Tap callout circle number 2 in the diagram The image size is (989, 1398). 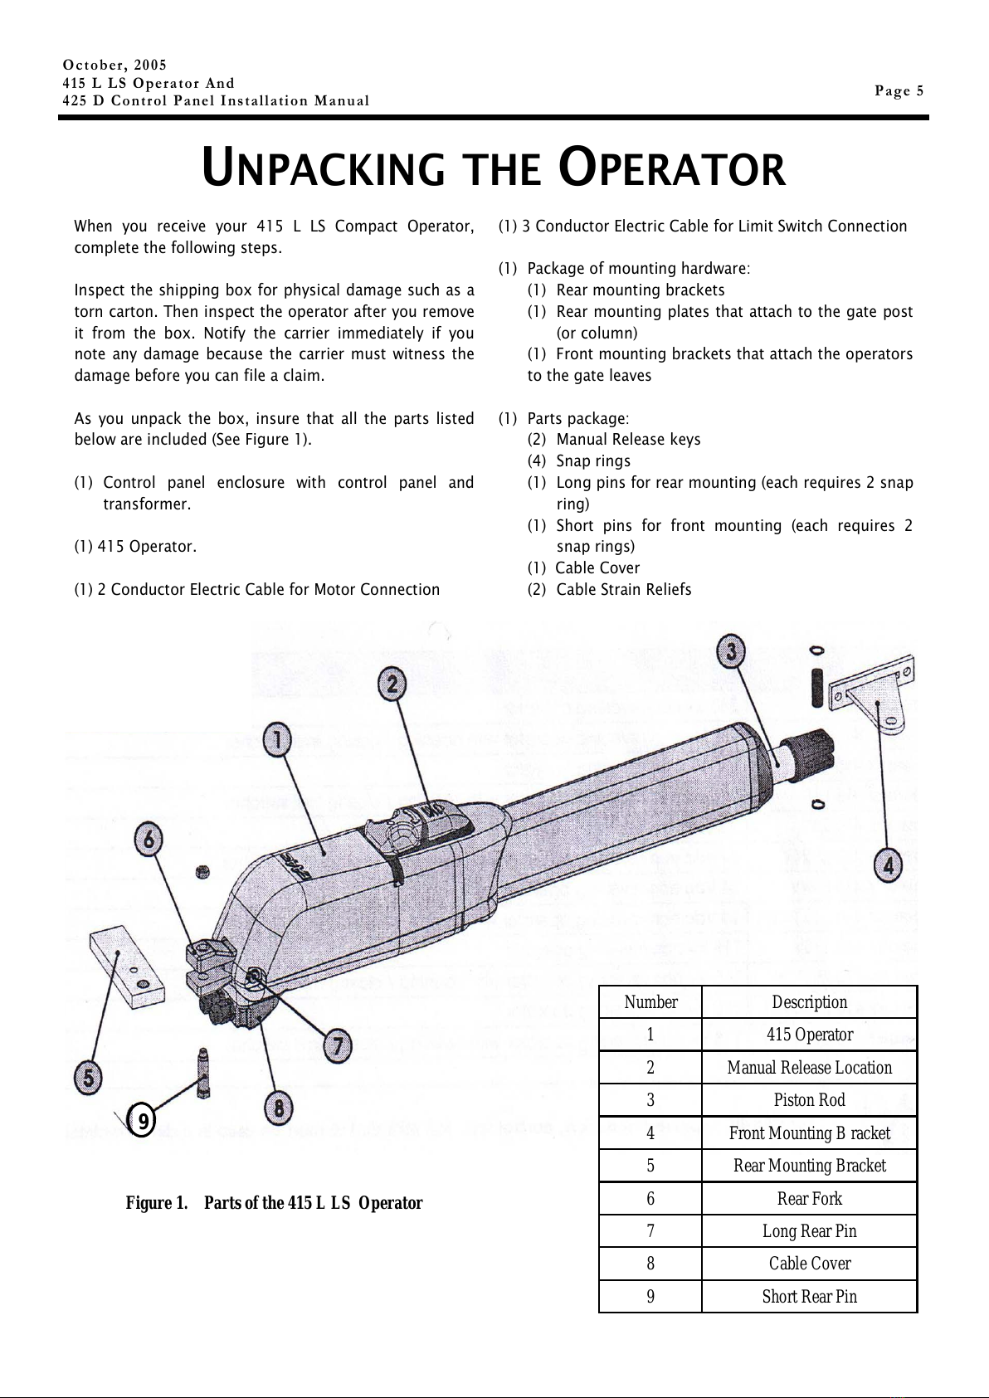pos(392,684)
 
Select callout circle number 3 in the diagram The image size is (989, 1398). pos(731,651)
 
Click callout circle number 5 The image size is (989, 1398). pos(90,1079)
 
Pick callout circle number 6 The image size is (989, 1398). pos(149,840)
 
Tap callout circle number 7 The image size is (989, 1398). pos(336,1045)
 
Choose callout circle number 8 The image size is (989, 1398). pos(280,1108)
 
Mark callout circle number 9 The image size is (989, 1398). pos(144,1123)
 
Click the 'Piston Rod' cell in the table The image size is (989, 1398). pos(809,1100)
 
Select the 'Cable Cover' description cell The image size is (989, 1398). pos(809,1264)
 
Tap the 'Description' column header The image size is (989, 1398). pos(809,1002)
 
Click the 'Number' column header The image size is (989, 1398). pos(650,1002)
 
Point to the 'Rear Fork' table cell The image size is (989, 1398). pos(809,1198)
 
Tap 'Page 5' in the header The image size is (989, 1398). pos(899,91)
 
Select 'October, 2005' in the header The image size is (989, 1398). pos(115,65)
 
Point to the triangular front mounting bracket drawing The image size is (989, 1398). pos(875,697)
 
